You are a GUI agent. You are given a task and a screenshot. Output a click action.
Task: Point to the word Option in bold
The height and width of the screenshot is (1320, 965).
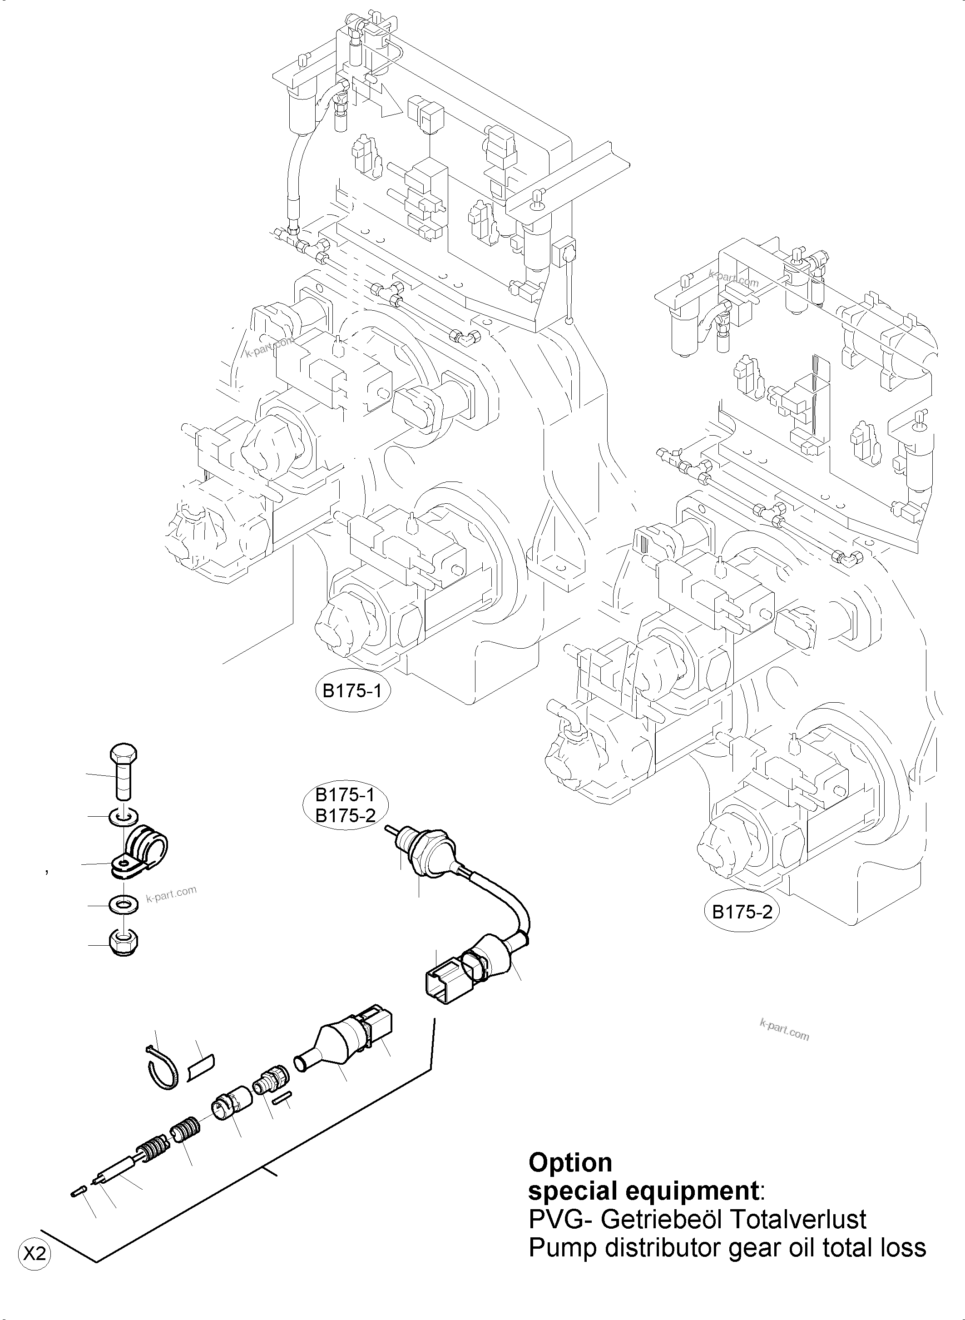pyautogui.click(x=570, y=1162)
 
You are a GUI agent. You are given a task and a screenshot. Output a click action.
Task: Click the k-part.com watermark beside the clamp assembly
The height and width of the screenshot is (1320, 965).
pyautogui.click(x=171, y=894)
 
